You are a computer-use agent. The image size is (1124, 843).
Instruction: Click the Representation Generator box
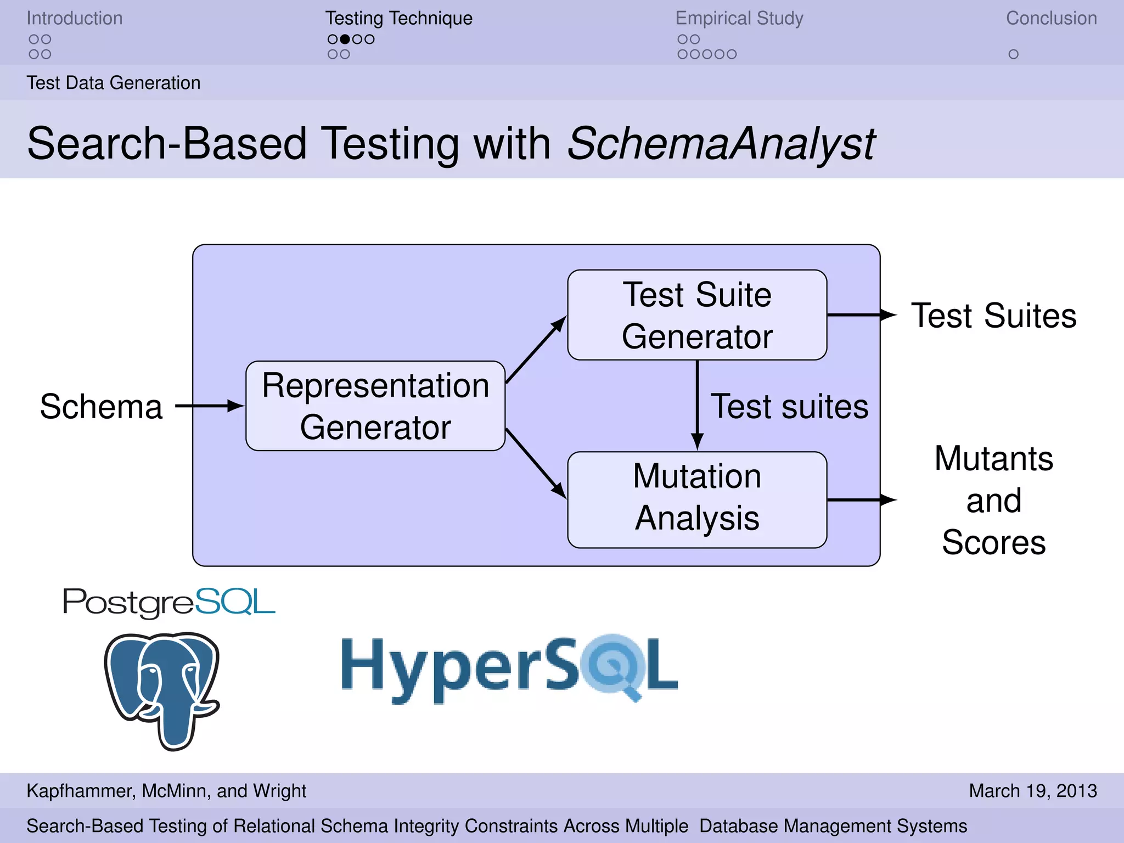click(375, 406)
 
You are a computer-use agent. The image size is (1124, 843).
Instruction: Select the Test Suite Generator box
click(697, 315)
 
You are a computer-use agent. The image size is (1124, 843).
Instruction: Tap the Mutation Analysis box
click(697, 499)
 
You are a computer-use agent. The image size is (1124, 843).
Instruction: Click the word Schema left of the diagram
click(101, 407)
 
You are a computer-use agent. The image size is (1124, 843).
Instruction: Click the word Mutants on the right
click(994, 458)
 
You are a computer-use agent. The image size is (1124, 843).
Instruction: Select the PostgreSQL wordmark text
click(168, 602)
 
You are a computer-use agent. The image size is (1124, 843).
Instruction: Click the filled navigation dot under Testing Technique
click(345, 39)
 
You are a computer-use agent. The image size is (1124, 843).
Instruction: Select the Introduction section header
click(75, 18)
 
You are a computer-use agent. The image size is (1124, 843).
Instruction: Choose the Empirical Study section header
click(739, 18)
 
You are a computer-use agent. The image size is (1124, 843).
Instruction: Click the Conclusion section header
click(1051, 18)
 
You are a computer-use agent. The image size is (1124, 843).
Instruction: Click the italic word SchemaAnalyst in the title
click(721, 144)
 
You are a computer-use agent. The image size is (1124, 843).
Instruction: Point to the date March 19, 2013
click(1032, 790)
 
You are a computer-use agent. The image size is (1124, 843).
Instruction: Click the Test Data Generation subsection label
click(114, 83)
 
